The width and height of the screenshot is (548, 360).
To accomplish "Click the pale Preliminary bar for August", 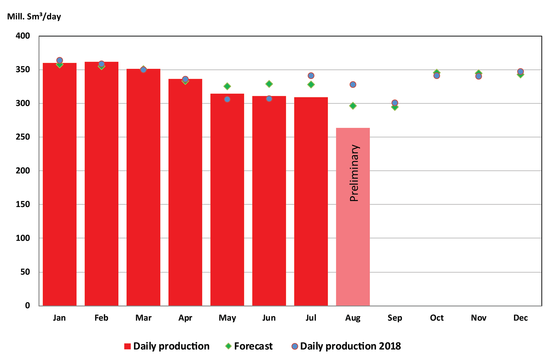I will pos(353,242).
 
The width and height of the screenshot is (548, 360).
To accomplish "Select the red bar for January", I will pos(60,185).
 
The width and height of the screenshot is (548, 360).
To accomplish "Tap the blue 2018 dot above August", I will pos(353,84).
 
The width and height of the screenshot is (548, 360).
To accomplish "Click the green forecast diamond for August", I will pos(353,106).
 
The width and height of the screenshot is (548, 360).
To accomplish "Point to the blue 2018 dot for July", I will pos(311,76).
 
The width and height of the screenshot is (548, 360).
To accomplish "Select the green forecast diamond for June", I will pos(269,84).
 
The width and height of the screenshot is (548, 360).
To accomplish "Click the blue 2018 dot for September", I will pos(395,103).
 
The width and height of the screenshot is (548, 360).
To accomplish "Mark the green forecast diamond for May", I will pos(227,86).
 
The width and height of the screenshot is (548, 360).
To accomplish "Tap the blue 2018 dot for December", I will pos(520,71).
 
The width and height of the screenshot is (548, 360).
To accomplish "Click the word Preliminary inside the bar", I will pos(354,173).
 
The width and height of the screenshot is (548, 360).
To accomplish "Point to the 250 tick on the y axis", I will pos(23,137).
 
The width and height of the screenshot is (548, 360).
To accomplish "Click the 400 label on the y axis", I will pos(23,36).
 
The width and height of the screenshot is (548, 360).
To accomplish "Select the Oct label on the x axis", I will pos(437,318).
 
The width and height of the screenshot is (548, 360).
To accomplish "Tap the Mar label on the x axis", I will pos(143,318).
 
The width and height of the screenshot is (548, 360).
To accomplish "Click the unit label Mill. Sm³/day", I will pos(34,17).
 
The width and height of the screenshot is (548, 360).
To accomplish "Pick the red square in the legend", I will pos(128,346).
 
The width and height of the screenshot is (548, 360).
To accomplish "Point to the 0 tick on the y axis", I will pos(27,306).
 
